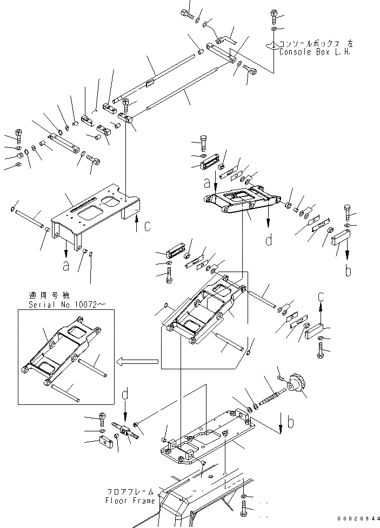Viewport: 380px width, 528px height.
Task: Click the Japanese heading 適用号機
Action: pos(44,295)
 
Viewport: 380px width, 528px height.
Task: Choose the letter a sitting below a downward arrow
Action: pos(65,265)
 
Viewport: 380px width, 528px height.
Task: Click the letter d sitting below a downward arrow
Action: pos(269,239)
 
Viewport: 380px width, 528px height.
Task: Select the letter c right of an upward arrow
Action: pos(148,226)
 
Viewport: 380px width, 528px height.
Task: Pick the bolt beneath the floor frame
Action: pos(244,508)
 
